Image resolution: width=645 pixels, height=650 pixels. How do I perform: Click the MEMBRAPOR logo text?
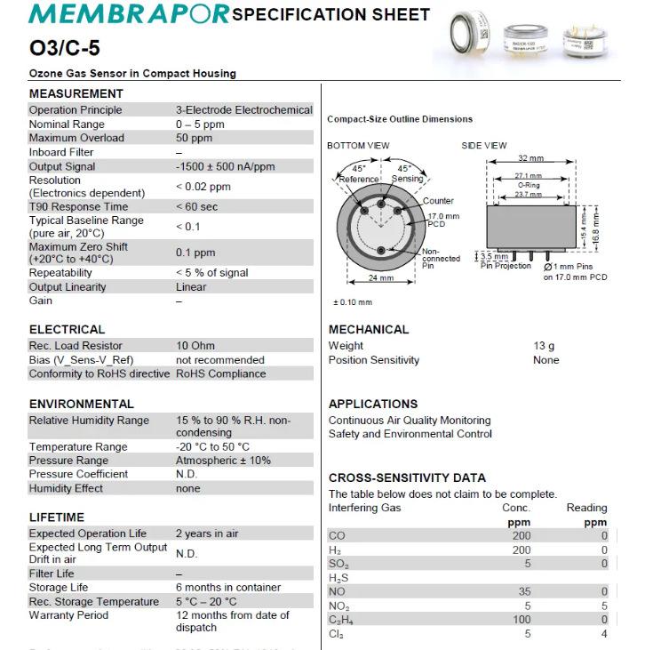pyautogui.click(x=129, y=14)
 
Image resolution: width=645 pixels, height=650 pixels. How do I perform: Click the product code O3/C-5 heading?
pyautogui.click(x=65, y=49)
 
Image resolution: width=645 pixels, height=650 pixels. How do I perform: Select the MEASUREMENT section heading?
pyautogui.click(x=76, y=93)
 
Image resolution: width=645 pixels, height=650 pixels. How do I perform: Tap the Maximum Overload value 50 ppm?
pyautogui.click(x=194, y=138)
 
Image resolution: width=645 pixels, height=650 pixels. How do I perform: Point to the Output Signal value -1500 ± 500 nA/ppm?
pyautogui.click(x=225, y=166)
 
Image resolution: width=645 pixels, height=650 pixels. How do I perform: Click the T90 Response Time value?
pyautogui.click(x=196, y=206)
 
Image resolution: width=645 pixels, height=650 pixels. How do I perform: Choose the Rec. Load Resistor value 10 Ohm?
pyautogui.click(x=195, y=345)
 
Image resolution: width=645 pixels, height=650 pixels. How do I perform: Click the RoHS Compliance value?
pyautogui.click(x=220, y=373)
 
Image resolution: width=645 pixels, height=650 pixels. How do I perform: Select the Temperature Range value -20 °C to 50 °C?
pyautogui.click(x=212, y=446)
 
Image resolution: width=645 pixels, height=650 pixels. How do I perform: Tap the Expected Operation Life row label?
pyautogui.click(x=88, y=534)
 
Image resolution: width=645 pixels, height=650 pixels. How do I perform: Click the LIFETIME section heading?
pyautogui.click(x=57, y=517)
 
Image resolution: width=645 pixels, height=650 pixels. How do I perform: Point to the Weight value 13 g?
pyautogui.click(x=544, y=346)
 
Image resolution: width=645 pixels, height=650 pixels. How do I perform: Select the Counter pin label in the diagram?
pyautogui.click(x=438, y=201)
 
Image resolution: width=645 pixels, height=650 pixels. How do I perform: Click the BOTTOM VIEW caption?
pyautogui.click(x=358, y=145)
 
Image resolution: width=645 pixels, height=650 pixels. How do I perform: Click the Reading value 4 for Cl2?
pyautogui.click(x=604, y=634)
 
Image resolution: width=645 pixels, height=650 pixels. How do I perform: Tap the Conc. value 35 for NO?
pyautogui.click(x=524, y=591)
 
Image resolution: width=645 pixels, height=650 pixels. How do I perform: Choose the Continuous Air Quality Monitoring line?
pyautogui.click(x=410, y=420)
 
